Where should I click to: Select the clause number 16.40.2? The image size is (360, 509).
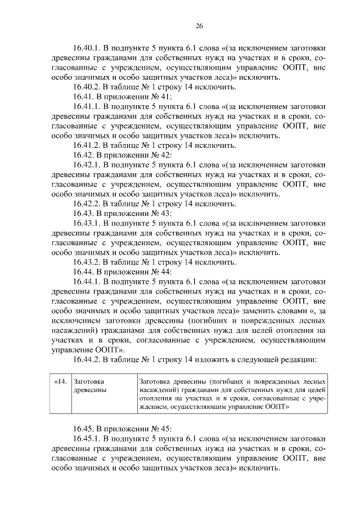click(x=88, y=87)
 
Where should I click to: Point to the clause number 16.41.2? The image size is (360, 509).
click(x=88, y=146)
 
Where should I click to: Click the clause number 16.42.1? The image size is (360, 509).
click(x=88, y=165)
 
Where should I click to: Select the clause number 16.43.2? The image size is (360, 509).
click(x=88, y=262)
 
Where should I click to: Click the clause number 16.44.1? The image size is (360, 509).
click(x=88, y=282)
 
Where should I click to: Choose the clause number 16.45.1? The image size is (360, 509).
click(x=88, y=439)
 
